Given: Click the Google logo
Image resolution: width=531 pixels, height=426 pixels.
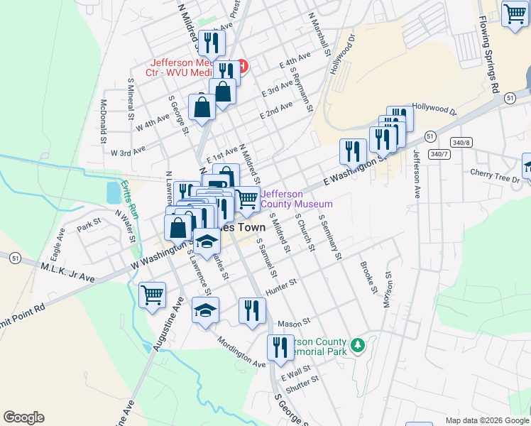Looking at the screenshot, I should [23, 417].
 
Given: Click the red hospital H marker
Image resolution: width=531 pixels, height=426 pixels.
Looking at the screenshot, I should [242, 67].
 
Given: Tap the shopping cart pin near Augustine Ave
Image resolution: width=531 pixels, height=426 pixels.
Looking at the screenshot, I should [153, 295].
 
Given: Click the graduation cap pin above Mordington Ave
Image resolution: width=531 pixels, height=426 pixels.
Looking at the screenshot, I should [205, 310].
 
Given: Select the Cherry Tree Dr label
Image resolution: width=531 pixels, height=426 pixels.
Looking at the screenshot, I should [495, 175].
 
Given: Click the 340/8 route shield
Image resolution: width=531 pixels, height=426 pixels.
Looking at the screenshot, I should [461, 143].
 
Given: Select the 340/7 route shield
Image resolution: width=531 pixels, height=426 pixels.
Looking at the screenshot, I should [440, 154].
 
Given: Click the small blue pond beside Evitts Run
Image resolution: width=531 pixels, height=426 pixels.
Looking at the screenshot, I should [113, 192].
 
